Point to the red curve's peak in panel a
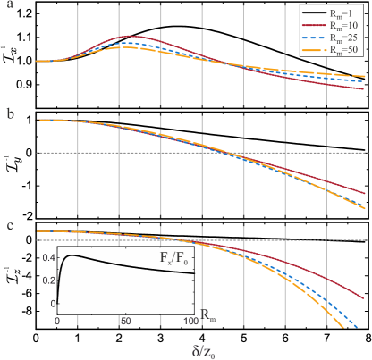click(x=131, y=37)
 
